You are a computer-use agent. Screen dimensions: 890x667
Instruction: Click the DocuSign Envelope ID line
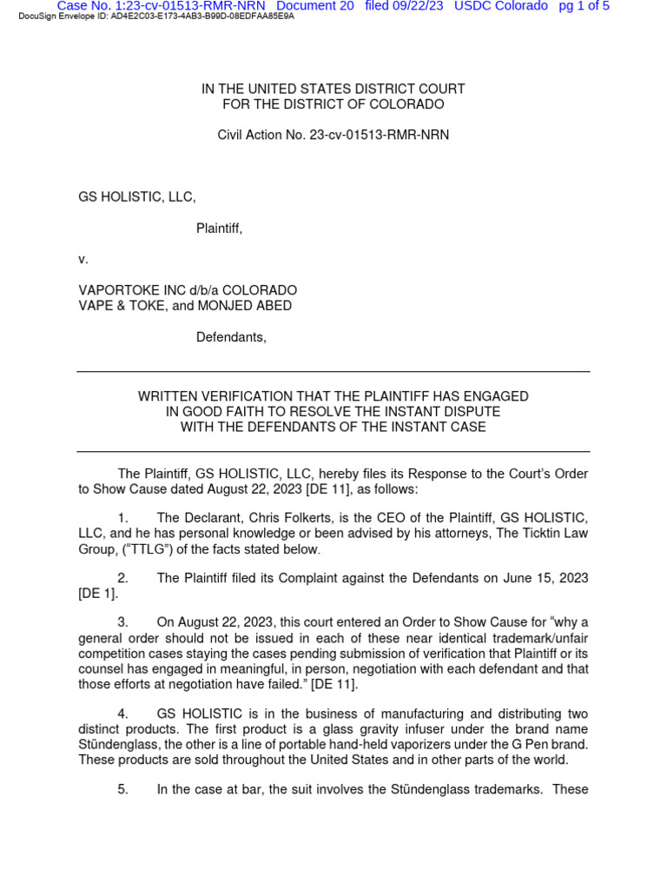[x=156, y=17]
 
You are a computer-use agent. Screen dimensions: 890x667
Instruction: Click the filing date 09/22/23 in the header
[x=417, y=6]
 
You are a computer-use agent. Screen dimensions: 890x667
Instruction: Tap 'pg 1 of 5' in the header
[x=584, y=6]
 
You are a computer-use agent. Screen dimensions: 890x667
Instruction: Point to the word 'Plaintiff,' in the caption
[x=219, y=229]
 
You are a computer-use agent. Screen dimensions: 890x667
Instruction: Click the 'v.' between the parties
[x=83, y=259]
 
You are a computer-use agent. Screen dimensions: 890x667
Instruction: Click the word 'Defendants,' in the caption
[x=231, y=337]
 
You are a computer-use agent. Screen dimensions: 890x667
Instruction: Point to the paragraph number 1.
[x=122, y=518]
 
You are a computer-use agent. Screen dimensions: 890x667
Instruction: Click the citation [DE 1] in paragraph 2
[x=97, y=594]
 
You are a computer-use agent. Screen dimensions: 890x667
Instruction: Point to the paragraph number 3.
[x=122, y=622]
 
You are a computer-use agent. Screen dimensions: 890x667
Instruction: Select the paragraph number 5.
[x=122, y=789]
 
